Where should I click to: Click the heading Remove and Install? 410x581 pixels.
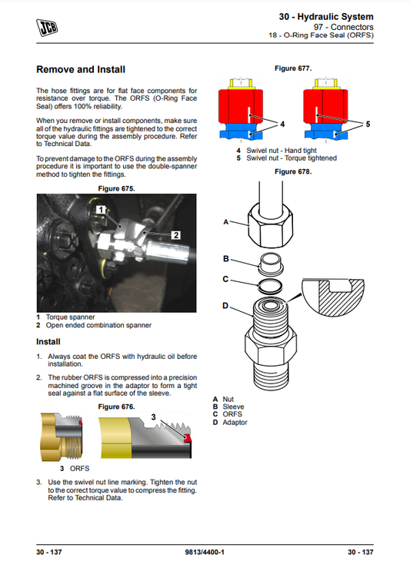81,69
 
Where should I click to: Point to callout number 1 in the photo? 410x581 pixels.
101,209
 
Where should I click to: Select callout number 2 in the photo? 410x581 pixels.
175,234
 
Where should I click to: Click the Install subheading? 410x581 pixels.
50,342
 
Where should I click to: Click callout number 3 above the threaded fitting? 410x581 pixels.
154,417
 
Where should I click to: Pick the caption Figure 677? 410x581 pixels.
293,68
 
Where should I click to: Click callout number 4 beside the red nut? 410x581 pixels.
282,124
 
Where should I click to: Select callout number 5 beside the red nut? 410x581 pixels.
368,124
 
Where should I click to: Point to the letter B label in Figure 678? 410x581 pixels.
225,259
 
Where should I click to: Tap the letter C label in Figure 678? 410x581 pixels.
225,279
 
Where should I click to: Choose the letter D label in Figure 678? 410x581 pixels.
225,306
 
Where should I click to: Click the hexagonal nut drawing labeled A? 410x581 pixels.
271,222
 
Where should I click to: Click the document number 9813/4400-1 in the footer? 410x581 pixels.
205,553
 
